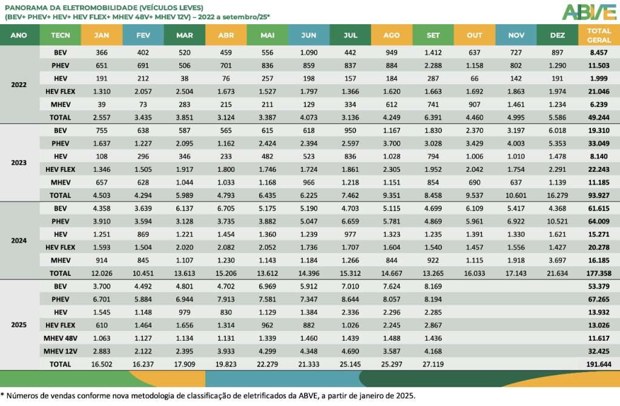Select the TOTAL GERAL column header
pos(598,35)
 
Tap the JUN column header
pos(309,35)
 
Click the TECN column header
pos(61,35)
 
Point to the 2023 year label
pos(19,163)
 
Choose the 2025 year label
pos(19,324)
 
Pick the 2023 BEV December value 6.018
pos(558,130)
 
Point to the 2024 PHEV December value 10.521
pos(558,221)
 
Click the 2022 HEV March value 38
pos(185,79)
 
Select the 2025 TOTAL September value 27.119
pos(433,364)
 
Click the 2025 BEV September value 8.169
pos(433,286)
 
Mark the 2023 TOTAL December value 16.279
pos(558,195)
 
